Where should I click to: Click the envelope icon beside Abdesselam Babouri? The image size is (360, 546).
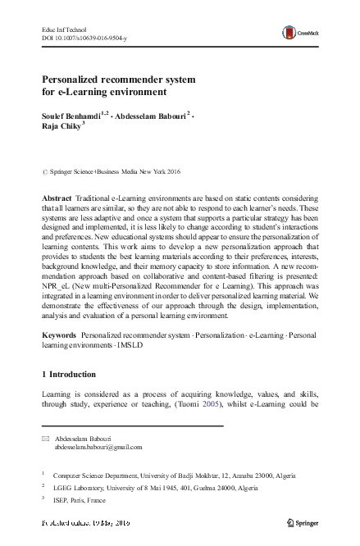coord(45,438)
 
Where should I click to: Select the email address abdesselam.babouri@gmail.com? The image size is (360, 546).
coord(98,448)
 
